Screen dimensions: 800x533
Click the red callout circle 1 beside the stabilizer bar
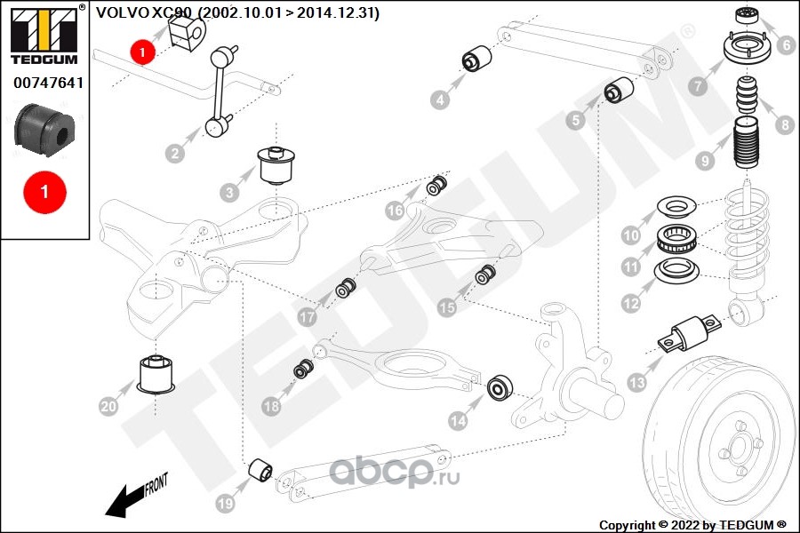point(142,52)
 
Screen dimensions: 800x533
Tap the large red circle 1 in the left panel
point(44,192)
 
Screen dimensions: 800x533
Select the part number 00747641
point(48,82)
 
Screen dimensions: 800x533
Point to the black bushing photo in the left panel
point(44,131)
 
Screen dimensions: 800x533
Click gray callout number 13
point(637,382)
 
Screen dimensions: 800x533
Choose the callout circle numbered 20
point(108,406)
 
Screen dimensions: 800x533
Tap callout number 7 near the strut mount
point(699,85)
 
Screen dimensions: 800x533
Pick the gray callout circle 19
point(225,504)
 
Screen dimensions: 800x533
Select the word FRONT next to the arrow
point(156,484)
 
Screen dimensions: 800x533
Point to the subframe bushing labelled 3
point(278,165)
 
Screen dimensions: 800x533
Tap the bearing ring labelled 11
point(676,239)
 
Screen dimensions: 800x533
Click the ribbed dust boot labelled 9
point(748,144)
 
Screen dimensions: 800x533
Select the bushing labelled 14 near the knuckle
point(500,388)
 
